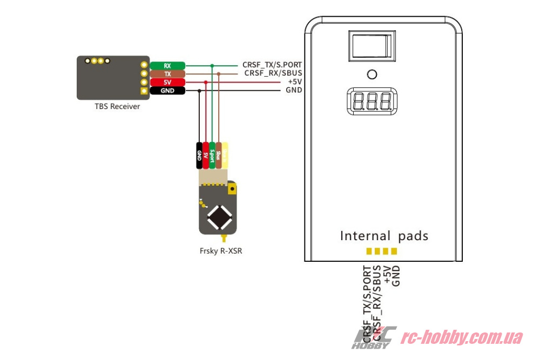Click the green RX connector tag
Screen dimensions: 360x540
167,65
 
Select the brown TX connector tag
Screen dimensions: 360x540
167,73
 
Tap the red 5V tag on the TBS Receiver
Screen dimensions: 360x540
167,82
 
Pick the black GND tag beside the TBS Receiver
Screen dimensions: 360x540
167,91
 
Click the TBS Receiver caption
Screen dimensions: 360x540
117,106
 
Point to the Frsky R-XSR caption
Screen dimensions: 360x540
219,250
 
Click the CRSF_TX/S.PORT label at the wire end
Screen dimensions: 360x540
272,65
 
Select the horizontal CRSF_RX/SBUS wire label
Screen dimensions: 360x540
273,73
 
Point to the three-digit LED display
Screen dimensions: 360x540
371,101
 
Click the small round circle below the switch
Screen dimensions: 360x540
372,74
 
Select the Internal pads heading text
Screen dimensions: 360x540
384,236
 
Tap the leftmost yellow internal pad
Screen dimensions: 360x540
369,251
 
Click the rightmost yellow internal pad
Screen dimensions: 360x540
394,251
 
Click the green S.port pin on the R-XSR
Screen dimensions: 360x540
212,156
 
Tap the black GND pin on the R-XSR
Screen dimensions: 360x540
199,156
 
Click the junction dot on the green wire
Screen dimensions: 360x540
212,65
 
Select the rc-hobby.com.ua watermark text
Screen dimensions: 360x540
461,338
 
